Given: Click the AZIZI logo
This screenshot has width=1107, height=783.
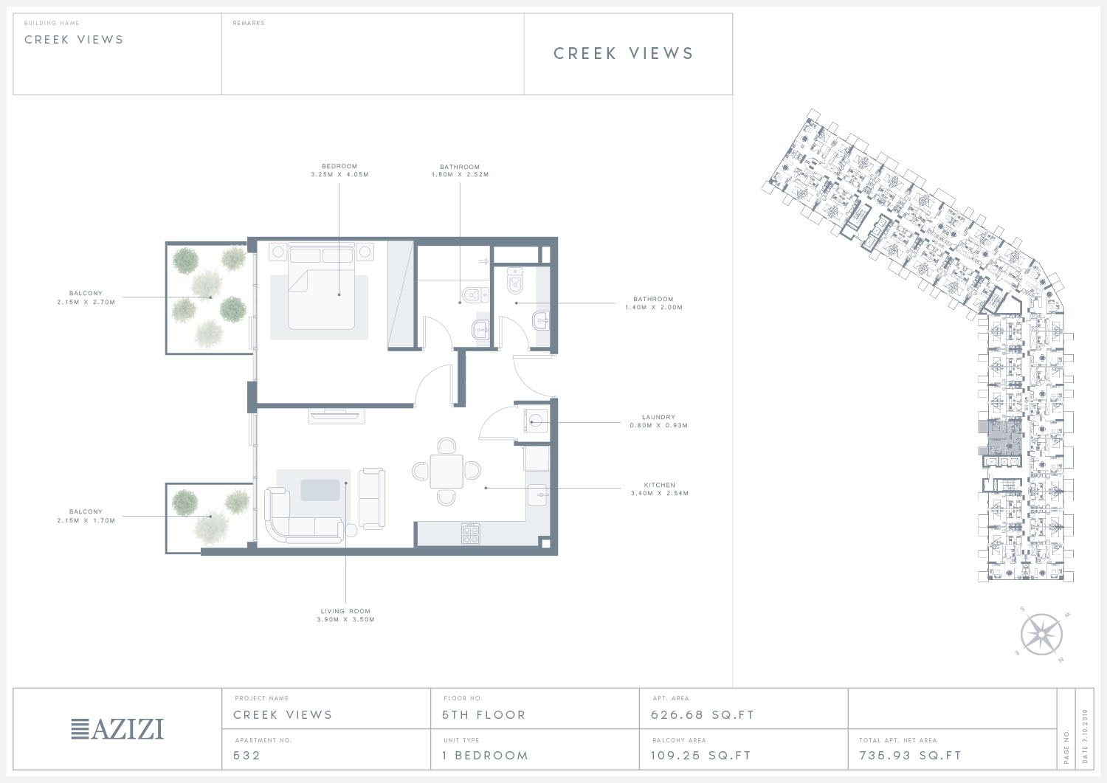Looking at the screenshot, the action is pos(117,729).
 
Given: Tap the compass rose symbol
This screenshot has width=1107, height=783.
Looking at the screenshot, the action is pos(1041,634).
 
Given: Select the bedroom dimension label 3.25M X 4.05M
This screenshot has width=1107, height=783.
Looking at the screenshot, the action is pos(339,174).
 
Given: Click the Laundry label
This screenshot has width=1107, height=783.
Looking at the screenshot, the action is pos(658,417).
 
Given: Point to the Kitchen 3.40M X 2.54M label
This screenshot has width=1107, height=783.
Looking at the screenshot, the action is pos(659,489).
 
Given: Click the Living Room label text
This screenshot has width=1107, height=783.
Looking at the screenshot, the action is pos(345,612).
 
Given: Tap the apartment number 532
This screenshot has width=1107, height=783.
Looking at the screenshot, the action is pos(246,756).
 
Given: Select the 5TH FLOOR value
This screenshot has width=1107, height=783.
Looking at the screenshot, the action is pos(484,715).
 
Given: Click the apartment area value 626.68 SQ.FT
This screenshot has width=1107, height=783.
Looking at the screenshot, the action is pos(703,715).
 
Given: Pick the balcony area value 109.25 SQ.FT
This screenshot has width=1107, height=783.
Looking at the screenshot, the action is pos(701,756).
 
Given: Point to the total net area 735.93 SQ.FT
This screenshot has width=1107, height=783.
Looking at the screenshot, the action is pos(910,756).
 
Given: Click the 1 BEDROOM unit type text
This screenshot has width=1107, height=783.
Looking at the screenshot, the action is pos(486,756).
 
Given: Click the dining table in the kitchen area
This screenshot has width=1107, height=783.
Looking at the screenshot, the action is pos(446,472).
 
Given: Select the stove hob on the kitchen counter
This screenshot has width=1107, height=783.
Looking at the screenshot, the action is pos(471,534).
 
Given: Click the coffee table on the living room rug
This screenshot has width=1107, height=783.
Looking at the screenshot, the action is pos(320,490).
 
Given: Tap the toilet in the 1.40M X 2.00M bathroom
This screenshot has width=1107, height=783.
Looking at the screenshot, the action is pos(515,280).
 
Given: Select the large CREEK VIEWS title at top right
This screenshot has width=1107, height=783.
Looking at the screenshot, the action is pos(623,53).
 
